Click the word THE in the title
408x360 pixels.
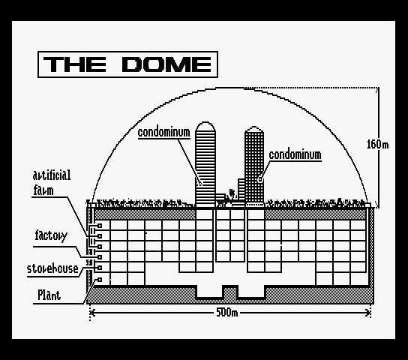(x=75, y=64)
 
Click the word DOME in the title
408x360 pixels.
(x=166, y=64)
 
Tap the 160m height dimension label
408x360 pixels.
(x=377, y=144)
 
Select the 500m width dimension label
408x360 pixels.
(x=227, y=312)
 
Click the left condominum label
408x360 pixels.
(x=164, y=133)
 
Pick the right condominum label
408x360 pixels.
(x=295, y=155)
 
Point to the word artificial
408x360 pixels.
(x=52, y=175)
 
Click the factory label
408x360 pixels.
(x=51, y=236)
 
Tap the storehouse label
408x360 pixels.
(x=52, y=268)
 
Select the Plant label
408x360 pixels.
(x=49, y=295)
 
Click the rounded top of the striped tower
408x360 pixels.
(x=205, y=126)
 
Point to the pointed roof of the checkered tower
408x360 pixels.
(x=254, y=129)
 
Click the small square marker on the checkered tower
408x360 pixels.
(x=260, y=179)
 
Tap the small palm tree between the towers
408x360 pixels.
(x=231, y=194)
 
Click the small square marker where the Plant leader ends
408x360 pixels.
(x=100, y=280)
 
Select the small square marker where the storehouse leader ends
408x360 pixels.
(x=100, y=268)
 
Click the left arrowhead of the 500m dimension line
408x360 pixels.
(x=93, y=313)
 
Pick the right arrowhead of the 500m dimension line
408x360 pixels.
(x=367, y=313)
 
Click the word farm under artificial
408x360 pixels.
(x=43, y=190)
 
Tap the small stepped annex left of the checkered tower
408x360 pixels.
(x=241, y=189)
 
